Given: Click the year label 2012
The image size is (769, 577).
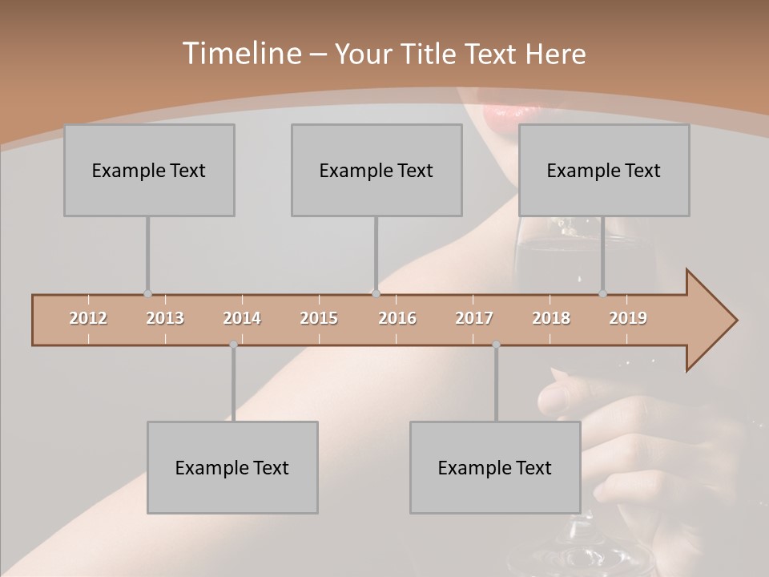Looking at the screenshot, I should pyautogui.click(x=88, y=318).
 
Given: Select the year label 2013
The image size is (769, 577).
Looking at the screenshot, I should pyautogui.click(x=165, y=318).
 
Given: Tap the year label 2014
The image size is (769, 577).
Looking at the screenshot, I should pyautogui.click(x=242, y=318).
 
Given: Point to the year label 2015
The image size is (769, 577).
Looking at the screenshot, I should pyautogui.click(x=319, y=318).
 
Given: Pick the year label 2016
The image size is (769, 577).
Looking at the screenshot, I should pyautogui.click(x=397, y=318).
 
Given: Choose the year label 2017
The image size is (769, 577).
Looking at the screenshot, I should pyautogui.click(x=474, y=318).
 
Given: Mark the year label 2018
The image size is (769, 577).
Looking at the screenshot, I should pyautogui.click(x=551, y=318).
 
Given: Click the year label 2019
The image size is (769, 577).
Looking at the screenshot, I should pyautogui.click(x=628, y=318).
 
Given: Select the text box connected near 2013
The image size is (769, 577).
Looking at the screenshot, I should pyautogui.click(x=149, y=170).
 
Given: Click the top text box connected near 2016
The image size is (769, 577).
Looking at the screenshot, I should pyautogui.click(x=376, y=170).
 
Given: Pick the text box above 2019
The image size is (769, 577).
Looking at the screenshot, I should pyautogui.click(x=604, y=170).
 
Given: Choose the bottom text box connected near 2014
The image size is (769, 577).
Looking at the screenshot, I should pyautogui.click(x=232, y=467).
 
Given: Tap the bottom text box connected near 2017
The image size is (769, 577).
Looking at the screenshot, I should pyautogui.click(x=495, y=467).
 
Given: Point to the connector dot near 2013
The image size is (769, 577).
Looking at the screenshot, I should pyautogui.click(x=147, y=294).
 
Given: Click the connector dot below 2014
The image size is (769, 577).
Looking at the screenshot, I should pyautogui.click(x=233, y=345).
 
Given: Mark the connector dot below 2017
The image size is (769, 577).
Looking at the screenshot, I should pyautogui.click(x=496, y=345).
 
